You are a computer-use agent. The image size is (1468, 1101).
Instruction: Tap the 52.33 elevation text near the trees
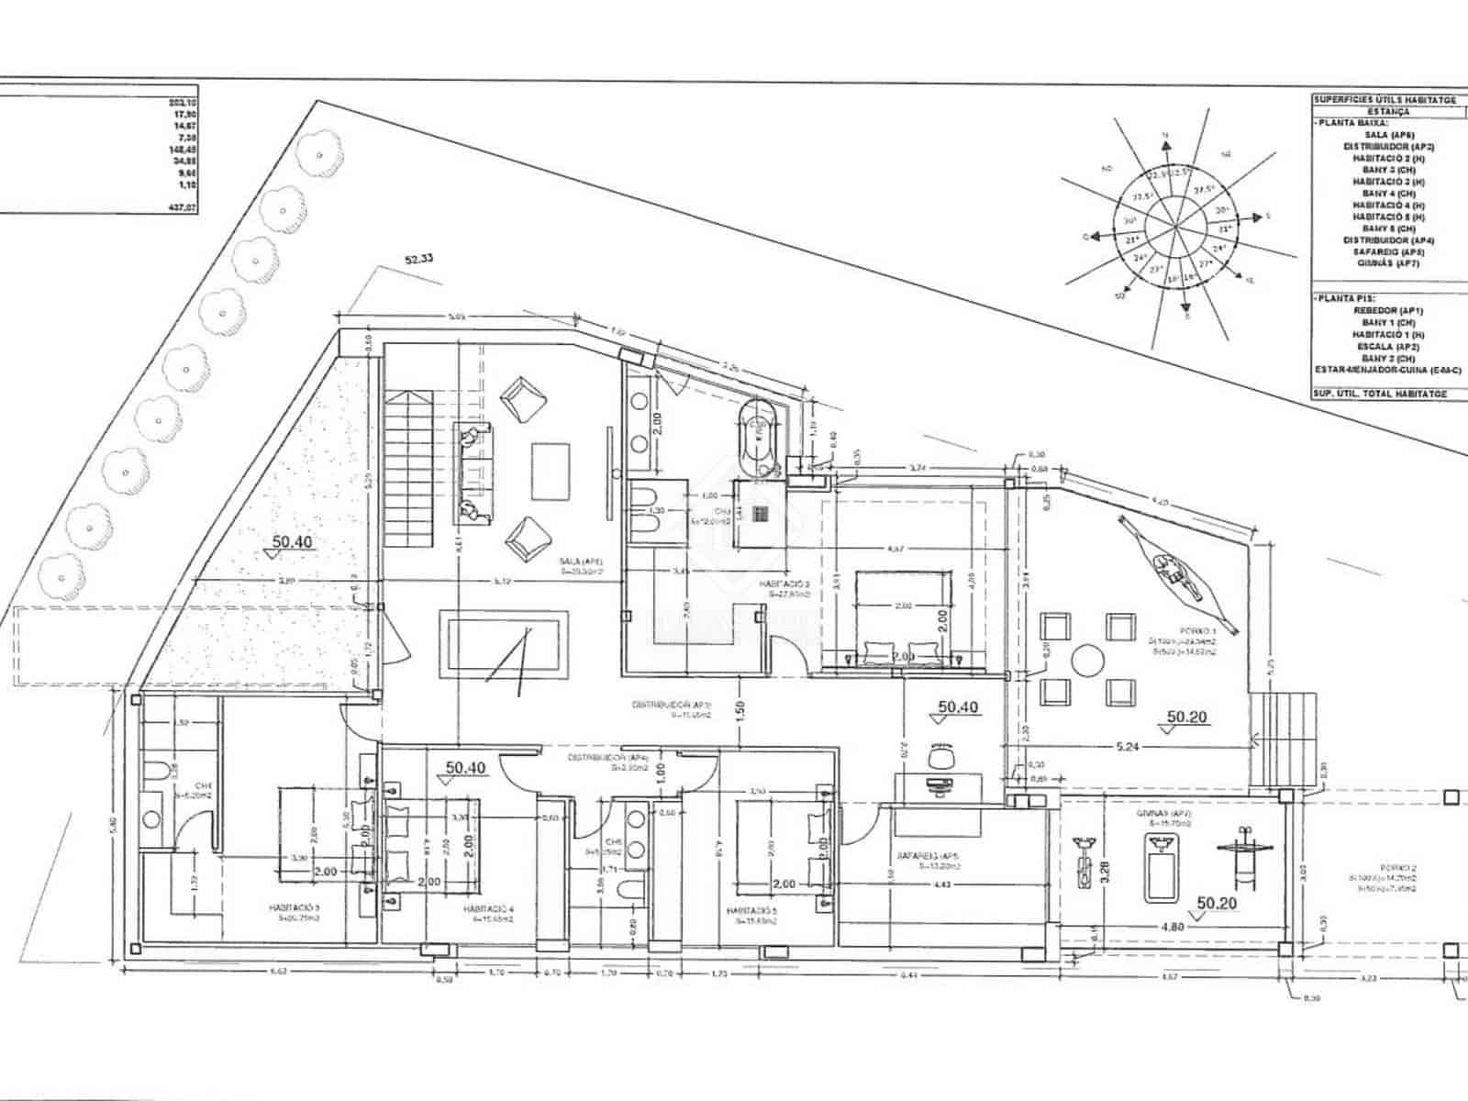(x=418, y=260)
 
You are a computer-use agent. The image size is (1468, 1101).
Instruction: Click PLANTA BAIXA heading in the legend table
(x=1351, y=121)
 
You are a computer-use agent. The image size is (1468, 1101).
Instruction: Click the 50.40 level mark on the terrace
(x=293, y=542)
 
